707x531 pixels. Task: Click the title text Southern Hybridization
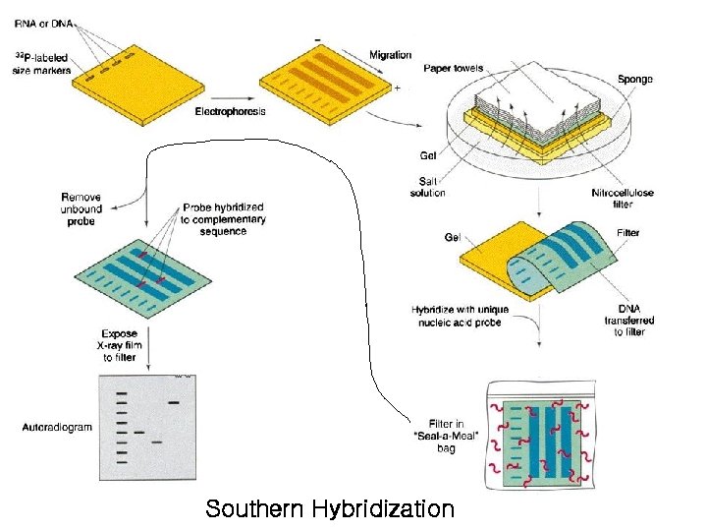tap(330, 509)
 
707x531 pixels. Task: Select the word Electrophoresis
tap(231, 111)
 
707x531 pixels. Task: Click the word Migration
tap(390, 55)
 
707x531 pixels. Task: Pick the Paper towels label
tap(453, 69)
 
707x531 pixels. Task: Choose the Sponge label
tap(635, 79)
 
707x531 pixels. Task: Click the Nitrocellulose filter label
tap(625, 198)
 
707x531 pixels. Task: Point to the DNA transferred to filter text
tap(629, 321)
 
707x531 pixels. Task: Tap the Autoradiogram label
tap(56, 427)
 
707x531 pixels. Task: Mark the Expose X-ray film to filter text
tap(119, 345)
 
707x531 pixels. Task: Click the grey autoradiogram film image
tap(144, 429)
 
